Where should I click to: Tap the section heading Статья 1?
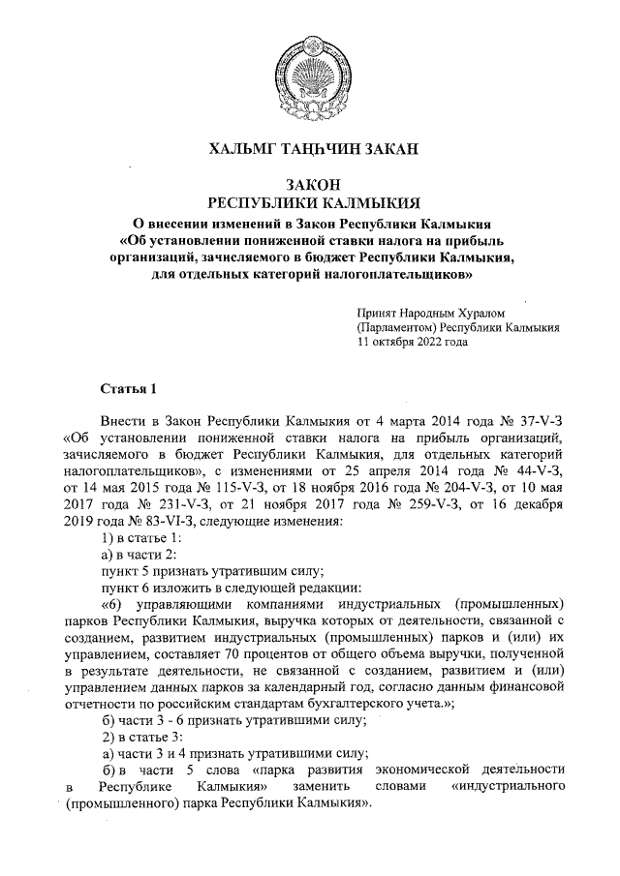(128, 389)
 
